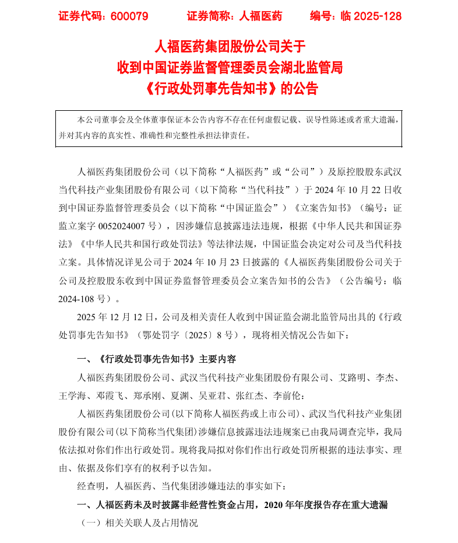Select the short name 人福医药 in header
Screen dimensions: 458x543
click(x=260, y=16)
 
